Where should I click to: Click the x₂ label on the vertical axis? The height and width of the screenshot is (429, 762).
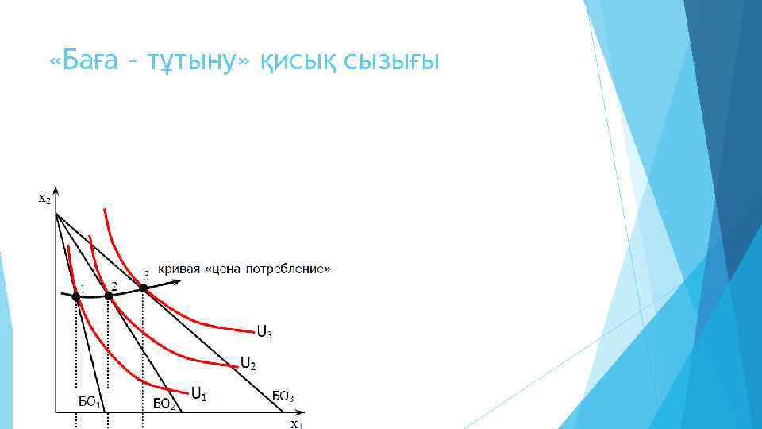coord(45,199)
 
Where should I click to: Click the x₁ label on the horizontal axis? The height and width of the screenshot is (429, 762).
coord(295,424)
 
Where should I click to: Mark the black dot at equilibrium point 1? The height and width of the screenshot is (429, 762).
coord(76,296)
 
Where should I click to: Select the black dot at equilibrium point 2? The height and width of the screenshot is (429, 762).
coord(109,296)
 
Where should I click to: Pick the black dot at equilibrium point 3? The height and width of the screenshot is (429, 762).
coord(143,288)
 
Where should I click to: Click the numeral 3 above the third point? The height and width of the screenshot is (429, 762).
coord(146,275)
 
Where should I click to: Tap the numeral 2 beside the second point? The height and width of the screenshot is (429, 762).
coord(114,284)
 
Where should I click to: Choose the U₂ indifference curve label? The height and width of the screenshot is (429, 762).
coord(248,365)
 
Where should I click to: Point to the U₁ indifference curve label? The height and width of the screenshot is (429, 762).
coord(199,392)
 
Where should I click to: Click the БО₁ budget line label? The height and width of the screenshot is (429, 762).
coord(89,402)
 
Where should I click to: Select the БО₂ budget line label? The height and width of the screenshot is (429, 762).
coord(164,403)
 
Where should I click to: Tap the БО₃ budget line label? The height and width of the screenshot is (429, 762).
coord(283,395)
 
